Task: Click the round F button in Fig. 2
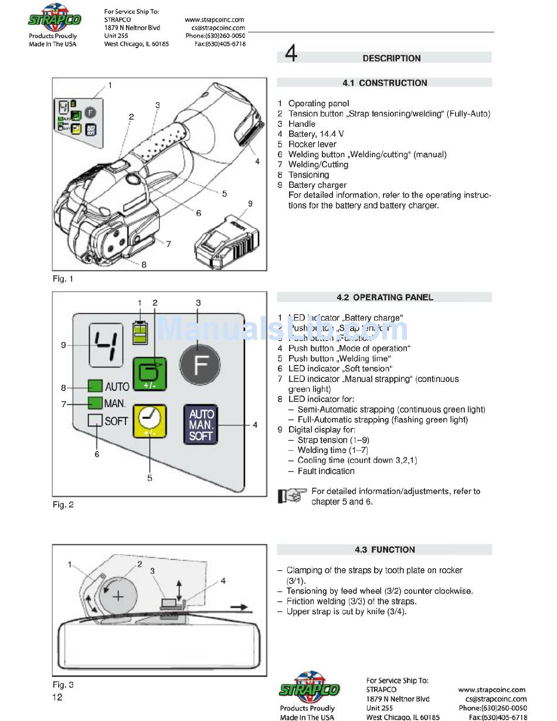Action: coord(201,364)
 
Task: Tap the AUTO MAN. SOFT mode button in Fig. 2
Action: coord(201,424)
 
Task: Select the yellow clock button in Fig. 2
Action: coord(150,422)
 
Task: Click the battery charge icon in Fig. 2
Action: coord(140,333)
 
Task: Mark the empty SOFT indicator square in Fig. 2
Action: coord(95,421)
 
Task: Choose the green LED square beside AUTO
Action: coord(95,387)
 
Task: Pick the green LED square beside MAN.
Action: coord(95,404)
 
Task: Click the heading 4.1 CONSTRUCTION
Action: coord(385,83)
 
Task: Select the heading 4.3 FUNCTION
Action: coord(385,550)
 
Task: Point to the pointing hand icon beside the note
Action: coord(293,496)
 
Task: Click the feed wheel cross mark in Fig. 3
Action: coord(119,597)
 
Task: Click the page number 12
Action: coord(57,698)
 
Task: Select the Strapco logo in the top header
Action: coord(54,19)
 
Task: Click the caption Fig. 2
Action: coord(63,505)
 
